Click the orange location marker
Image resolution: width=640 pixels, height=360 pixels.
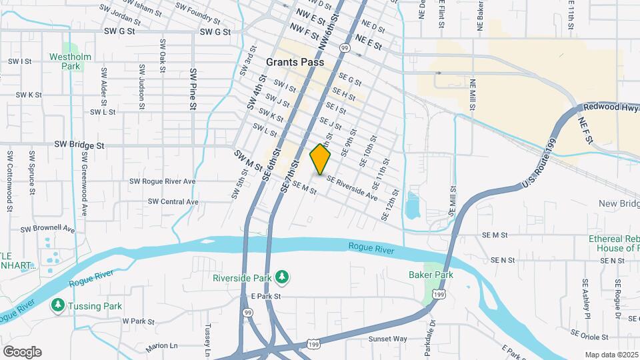pos(321,160)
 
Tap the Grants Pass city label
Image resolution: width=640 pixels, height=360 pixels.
pos(295,62)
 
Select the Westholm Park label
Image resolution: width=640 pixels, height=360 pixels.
pos(65,61)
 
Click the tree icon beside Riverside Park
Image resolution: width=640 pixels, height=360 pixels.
pos(283,276)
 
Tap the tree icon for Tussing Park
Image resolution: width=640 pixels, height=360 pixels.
pos(58,306)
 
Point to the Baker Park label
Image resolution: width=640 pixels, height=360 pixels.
pos(431,275)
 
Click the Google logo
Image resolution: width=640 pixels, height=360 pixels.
pos(22,352)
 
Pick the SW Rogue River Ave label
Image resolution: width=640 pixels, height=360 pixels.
pos(163,181)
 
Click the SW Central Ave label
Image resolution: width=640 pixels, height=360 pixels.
pos(173,201)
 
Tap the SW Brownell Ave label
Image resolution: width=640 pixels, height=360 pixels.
pos(47,228)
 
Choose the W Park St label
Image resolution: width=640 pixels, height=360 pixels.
pos(138,321)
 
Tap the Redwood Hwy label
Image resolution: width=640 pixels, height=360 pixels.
pos(611,107)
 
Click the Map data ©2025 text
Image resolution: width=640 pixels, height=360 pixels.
pos(611,355)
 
